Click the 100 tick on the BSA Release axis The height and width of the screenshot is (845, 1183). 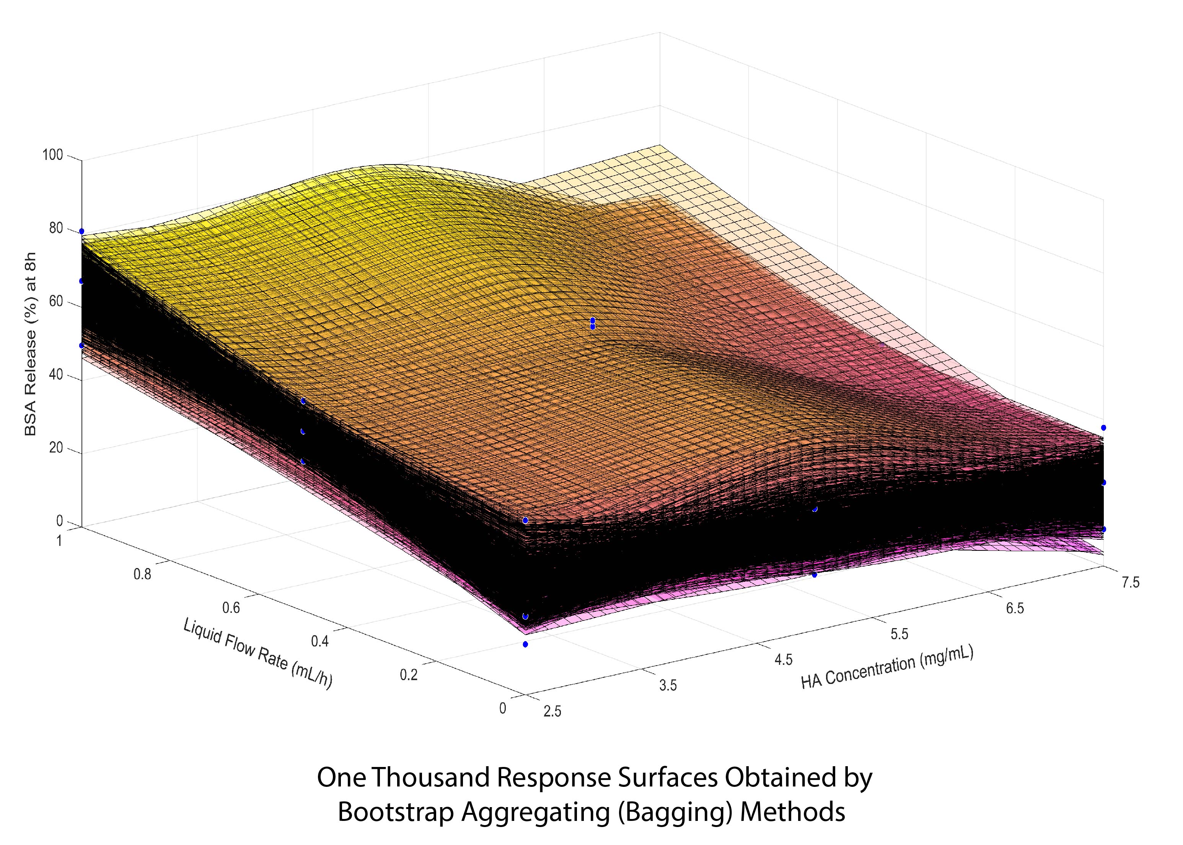tap(55, 155)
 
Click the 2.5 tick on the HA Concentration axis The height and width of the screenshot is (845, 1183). tap(552, 711)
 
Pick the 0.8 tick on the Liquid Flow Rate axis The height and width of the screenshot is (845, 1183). tap(143, 574)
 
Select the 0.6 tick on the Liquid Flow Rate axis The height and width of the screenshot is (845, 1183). tap(231, 607)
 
